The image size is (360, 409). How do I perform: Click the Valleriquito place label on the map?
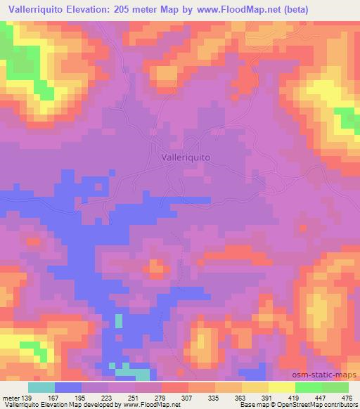(x=186, y=159)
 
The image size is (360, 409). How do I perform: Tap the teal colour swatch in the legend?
(x=41, y=387)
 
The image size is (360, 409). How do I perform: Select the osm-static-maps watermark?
(x=328, y=377)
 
